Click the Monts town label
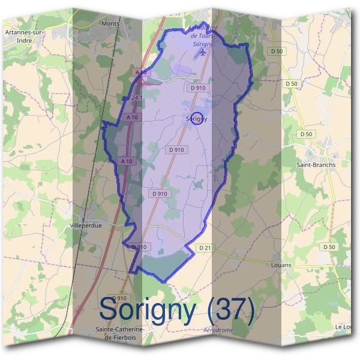point(111,23)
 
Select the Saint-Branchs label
point(316,164)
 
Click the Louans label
point(281,264)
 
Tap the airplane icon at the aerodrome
point(202,52)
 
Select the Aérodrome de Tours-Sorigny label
point(202,35)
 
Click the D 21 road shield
point(205,248)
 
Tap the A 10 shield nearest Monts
point(141,73)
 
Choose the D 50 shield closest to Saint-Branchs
point(306,134)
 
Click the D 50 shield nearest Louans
point(328,247)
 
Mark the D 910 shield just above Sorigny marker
point(197,88)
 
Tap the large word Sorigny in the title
point(148,311)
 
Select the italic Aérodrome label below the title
point(218,330)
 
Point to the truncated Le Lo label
point(344,326)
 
